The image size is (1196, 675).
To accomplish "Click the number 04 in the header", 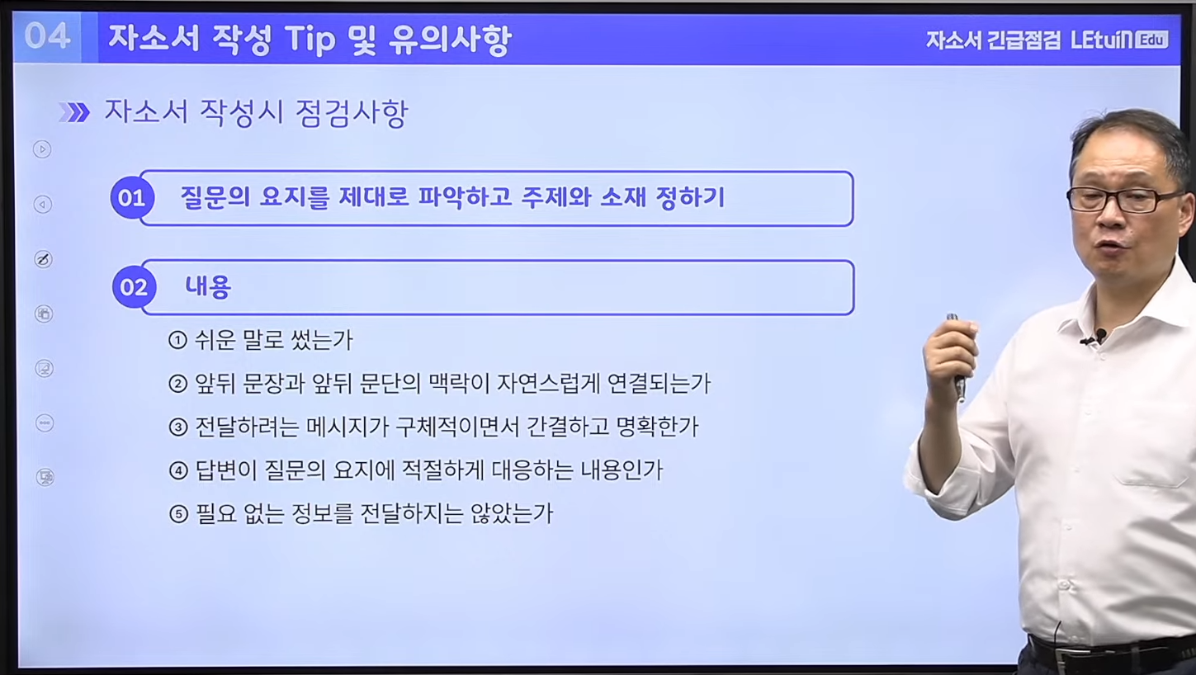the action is coord(47,37).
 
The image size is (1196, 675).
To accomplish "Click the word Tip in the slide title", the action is coord(310,40).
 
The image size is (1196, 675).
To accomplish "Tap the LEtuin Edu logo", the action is coord(1119,40).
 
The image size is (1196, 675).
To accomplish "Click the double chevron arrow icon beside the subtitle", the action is coord(74,112).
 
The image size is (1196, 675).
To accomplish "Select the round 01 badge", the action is coord(132,198).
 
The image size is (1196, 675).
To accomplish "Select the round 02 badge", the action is coord(134,287).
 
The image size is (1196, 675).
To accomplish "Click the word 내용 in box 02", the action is coord(208,287).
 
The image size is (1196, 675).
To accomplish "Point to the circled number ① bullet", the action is coord(177,340).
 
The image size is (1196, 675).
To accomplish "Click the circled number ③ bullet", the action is coord(178,427).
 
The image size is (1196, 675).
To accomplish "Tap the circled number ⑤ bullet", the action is coord(179,514).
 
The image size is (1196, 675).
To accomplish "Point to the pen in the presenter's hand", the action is coord(957,355).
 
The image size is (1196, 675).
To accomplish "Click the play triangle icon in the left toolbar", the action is coord(42,149).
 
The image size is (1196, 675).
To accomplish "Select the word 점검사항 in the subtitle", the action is coord(352,113).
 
